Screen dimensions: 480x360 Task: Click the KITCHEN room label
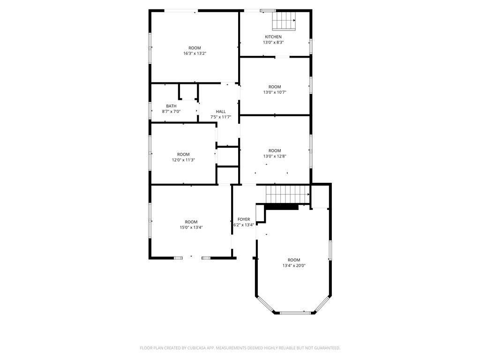(273, 37)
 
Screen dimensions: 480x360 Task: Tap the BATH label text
(171, 106)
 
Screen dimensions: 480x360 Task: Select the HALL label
(221, 112)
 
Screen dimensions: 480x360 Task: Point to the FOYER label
(244, 219)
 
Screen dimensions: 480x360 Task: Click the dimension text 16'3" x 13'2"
(195, 53)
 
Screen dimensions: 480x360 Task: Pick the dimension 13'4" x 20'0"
(294, 265)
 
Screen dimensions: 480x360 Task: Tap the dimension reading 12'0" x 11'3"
(183, 160)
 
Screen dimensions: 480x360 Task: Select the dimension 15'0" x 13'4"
(191, 227)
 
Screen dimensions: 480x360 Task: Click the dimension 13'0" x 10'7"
(275, 92)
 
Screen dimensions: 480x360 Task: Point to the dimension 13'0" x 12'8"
(275, 156)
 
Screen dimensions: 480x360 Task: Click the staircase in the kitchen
(284, 21)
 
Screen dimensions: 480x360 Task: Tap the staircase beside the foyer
(287, 194)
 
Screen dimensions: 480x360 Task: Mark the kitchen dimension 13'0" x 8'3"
(273, 42)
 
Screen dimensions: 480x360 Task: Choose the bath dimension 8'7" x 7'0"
(171, 112)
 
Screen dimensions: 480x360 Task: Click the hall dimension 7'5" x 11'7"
(221, 117)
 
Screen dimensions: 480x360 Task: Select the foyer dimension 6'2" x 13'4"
(244, 225)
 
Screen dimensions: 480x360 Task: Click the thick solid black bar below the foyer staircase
(282, 207)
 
